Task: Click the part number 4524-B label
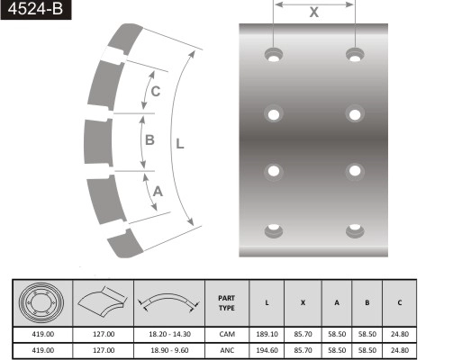coord(34,12)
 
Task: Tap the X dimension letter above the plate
coord(313,12)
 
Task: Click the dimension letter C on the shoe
coord(155,91)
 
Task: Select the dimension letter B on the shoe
coord(149,139)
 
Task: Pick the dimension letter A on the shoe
coord(158,190)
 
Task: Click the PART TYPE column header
coord(226,302)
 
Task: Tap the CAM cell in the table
coord(226,333)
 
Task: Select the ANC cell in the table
coord(226,349)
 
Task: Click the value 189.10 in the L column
coord(267,333)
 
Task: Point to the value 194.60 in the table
coord(267,349)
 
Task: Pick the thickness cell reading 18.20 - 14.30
coord(169,333)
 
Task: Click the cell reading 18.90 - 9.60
coord(169,349)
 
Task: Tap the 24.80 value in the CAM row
coord(399,333)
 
